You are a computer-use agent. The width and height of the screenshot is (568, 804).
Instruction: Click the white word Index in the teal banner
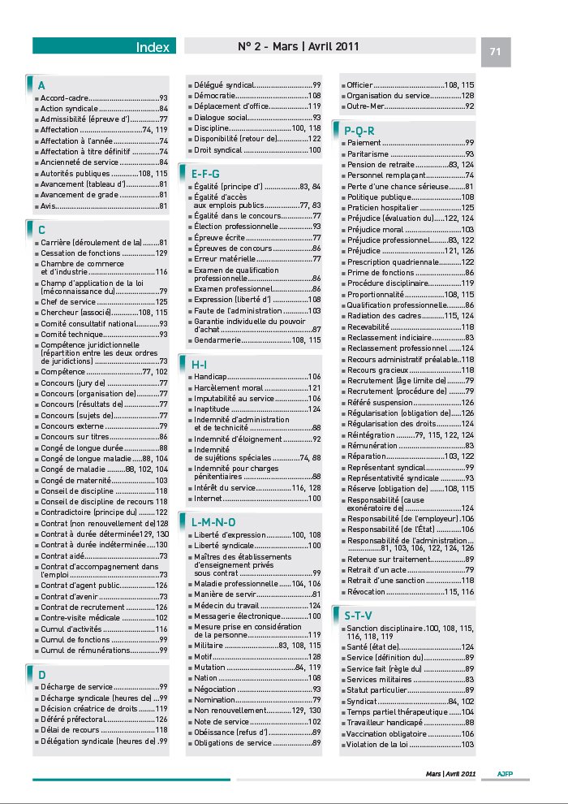pos(153,47)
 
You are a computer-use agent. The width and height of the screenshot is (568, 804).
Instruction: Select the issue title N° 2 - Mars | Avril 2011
pos(299,46)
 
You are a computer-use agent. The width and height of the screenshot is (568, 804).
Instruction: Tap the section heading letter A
pos(41,85)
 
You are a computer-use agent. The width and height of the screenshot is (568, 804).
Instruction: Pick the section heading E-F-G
pos(205,174)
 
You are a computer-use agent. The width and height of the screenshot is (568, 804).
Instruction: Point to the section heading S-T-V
pos(358,616)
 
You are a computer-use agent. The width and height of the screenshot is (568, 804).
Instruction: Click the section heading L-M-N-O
pos(213,521)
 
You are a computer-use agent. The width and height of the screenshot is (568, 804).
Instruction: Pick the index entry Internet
pos(209,498)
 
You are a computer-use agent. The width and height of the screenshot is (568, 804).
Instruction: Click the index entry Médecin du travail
pos(227,606)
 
